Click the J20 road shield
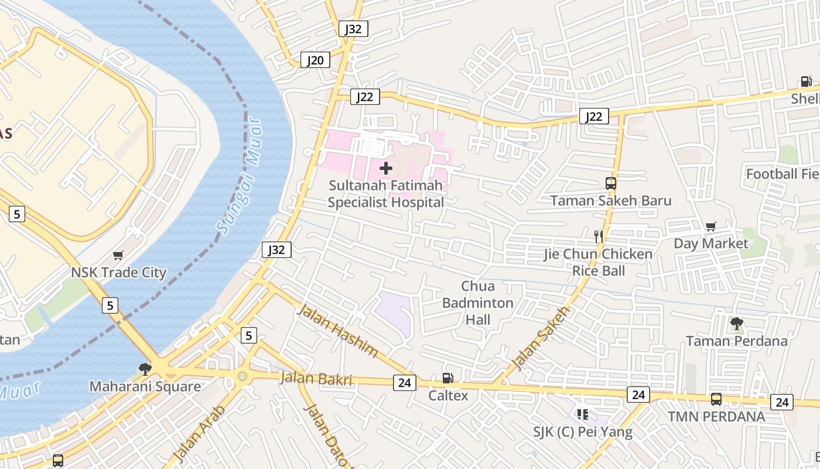pos(315,60)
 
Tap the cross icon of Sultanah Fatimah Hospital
pos(386,169)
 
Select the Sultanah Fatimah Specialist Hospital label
pos(385,194)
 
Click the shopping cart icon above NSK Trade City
pos(118,256)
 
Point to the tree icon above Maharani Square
pos(145,369)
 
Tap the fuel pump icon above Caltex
pos(447,378)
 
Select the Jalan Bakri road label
pos(316,379)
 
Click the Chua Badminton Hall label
pos(477,303)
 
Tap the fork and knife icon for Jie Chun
pos(598,237)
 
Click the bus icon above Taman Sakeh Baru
pos(611,183)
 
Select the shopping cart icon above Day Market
pos(711,226)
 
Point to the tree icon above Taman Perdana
pos(737,323)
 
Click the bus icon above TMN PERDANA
pos(716,399)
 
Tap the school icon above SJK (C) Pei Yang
pos(582,414)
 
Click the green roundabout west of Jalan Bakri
pos(242,376)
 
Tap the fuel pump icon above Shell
pos(807,81)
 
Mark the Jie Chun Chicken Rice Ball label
pos(597,262)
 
